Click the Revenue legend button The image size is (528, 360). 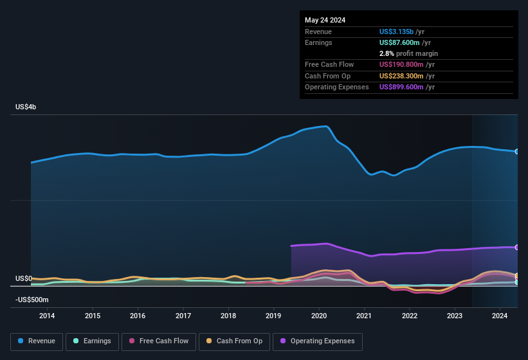(37, 341)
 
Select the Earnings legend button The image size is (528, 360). (92, 341)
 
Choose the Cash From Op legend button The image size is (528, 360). (235, 341)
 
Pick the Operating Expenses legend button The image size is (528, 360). (318, 341)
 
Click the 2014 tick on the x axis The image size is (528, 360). (47, 316)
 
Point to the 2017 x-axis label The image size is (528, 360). (183, 316)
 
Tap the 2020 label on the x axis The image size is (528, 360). (319, 316)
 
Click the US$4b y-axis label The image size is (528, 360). (26, 107)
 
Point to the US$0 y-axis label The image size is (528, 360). (24, 278)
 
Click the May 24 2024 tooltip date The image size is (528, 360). (325, 20)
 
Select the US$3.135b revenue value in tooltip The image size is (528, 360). (397, 32)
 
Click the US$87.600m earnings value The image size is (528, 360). (399, 42)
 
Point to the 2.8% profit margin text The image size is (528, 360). (408, 53)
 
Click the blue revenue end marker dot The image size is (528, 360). (517, 152)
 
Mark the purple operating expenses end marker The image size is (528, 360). (517, 248)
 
